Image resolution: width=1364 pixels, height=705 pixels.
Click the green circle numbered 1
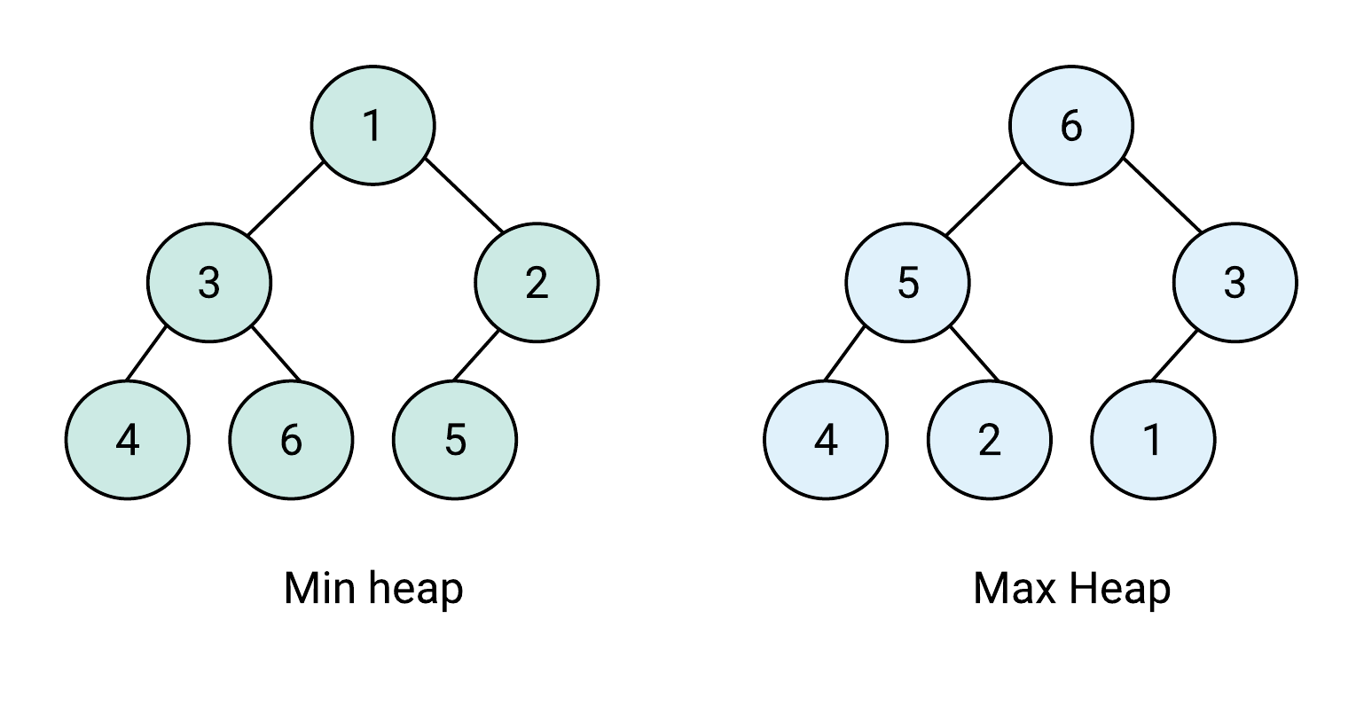372,125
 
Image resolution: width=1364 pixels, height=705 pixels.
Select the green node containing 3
208,283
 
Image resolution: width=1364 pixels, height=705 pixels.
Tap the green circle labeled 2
537,283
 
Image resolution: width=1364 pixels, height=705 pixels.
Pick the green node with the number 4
127,440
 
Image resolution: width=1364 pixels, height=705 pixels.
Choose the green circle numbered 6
291,440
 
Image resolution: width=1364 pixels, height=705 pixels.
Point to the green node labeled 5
454,440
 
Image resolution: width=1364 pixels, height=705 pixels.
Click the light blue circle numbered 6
1071,125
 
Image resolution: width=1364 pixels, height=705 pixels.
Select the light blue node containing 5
907,283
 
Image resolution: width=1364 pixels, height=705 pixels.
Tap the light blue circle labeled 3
1235,283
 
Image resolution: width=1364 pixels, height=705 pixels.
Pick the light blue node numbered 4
826,440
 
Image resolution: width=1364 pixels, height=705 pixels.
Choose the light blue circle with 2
989,440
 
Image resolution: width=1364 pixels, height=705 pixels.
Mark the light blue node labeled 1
1153,440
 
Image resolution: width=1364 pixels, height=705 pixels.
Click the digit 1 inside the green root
372,126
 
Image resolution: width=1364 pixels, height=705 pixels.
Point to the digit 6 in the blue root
1071,126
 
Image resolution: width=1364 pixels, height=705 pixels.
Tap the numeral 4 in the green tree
127,441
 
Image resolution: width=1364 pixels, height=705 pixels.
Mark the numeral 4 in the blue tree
826,441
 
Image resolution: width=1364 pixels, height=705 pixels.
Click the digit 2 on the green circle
537,284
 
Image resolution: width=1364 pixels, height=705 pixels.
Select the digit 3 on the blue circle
1235,284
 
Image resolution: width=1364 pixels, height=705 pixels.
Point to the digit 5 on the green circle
454,441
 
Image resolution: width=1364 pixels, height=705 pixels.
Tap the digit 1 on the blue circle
1153,441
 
